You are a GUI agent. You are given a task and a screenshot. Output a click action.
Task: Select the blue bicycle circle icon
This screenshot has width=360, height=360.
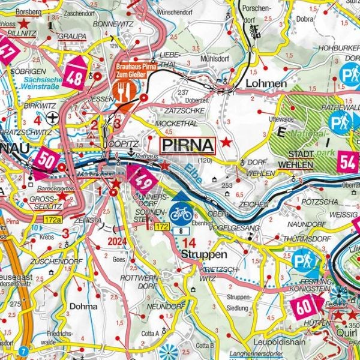[180, 213]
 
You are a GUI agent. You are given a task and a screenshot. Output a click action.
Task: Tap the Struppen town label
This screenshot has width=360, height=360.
[196, 254]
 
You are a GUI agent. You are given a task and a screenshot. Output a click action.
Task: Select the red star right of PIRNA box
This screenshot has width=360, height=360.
[226, 143]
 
